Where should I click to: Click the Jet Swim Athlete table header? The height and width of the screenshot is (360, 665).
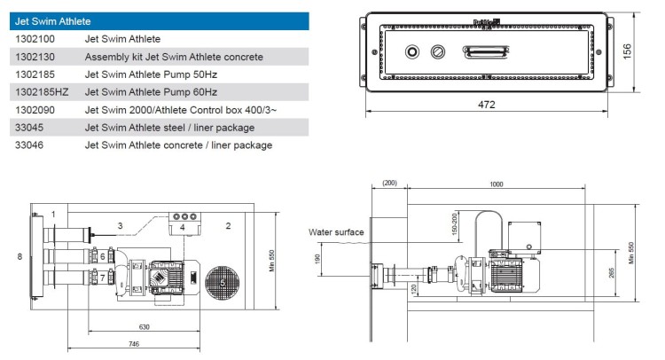(x=53, y=20)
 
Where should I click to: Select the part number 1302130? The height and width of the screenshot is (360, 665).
(x=35, y=57)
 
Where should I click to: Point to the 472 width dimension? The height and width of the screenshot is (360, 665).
(x=487, y=106)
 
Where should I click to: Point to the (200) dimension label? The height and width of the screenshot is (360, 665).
(x=388, y=183)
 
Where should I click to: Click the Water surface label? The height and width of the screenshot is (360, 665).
(x=335, y=232)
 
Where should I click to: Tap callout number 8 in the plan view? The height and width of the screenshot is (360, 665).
(x=19, y=256)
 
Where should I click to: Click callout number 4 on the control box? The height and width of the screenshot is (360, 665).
(x=183, y=228)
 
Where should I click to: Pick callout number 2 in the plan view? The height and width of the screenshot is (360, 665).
(x=228, y=226)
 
